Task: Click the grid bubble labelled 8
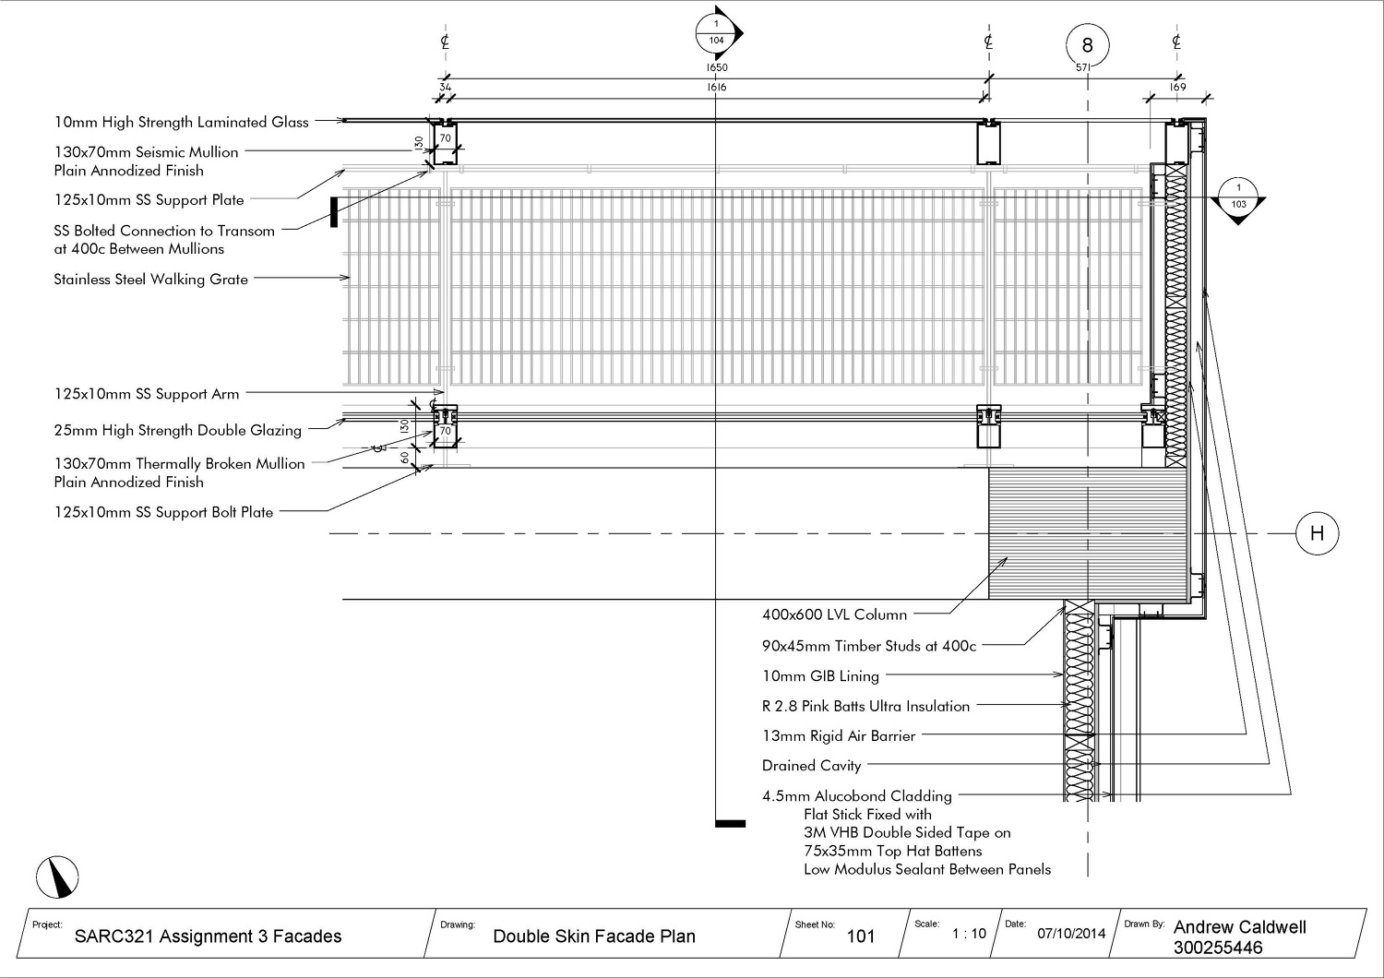tap(1087, 44)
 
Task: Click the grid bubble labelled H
tap(1317, 533)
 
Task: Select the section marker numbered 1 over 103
tap(1238, 197)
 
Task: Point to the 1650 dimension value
tap(717, 68)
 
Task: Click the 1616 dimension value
tap(717, 87)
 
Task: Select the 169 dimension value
tap(1178, 87)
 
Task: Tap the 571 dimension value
tap(1084, 67)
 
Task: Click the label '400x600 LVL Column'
tap(834, 614)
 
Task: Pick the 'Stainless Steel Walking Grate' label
tap(150, 279)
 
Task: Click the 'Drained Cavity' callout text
tap(811, 765)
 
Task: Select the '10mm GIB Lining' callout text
tap(820, 676)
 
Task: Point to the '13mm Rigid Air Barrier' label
tap(839, 735)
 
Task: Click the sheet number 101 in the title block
tap(861, 936)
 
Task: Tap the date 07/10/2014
tap(1071, 933)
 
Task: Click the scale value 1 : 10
tap(969, 933)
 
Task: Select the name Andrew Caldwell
tap(1239, 927)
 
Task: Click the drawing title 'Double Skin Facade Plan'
tap(594, 936)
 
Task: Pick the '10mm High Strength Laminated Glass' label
tap(181, 122)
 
